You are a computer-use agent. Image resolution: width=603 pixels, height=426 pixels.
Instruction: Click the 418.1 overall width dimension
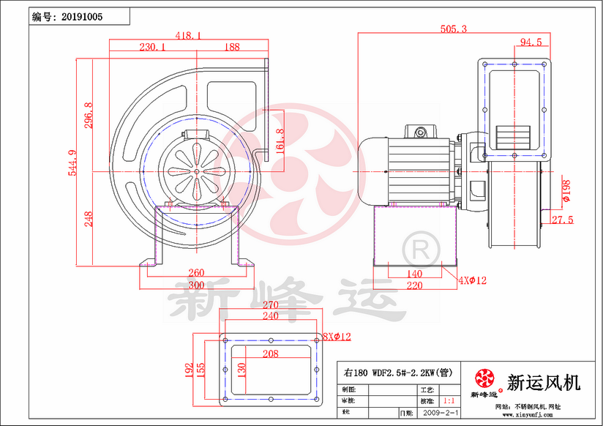189,34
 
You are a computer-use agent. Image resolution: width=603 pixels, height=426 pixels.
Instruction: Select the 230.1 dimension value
152,47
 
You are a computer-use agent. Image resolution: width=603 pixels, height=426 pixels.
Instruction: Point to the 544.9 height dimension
72,162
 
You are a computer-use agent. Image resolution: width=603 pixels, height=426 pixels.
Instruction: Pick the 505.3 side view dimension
454,29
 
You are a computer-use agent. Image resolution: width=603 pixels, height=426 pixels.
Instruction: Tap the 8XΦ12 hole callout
337,337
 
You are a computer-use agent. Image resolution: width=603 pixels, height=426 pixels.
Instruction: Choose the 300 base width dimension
196,285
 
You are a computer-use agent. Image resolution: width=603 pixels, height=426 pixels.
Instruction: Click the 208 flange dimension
271,354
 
